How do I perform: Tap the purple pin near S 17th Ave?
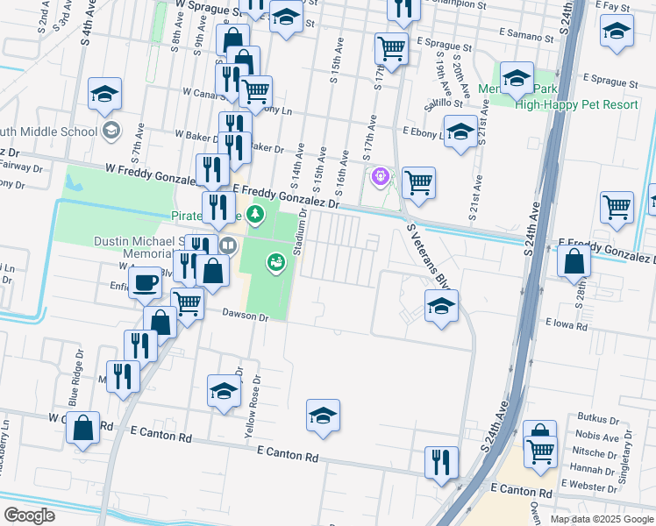380,177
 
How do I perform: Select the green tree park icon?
255,213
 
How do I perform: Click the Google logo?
29,515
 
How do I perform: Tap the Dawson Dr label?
244,314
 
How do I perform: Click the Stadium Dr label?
301,232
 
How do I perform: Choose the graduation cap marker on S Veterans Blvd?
441,307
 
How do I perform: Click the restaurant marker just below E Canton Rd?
441,462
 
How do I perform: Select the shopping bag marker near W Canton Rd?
82,430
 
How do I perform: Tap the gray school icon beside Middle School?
111,131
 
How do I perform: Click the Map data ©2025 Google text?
601,519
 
